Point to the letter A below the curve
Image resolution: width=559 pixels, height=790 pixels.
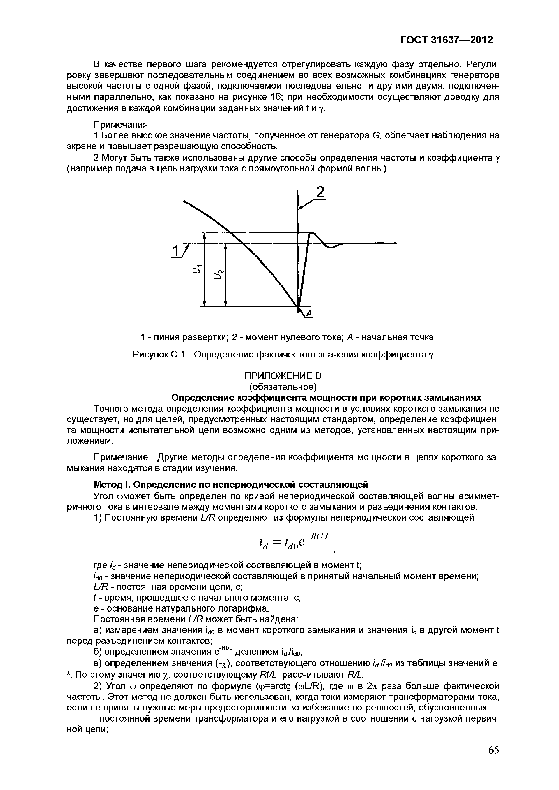click(x=309, y=313)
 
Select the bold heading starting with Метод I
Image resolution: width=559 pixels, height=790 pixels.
click(x=231, y=485)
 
